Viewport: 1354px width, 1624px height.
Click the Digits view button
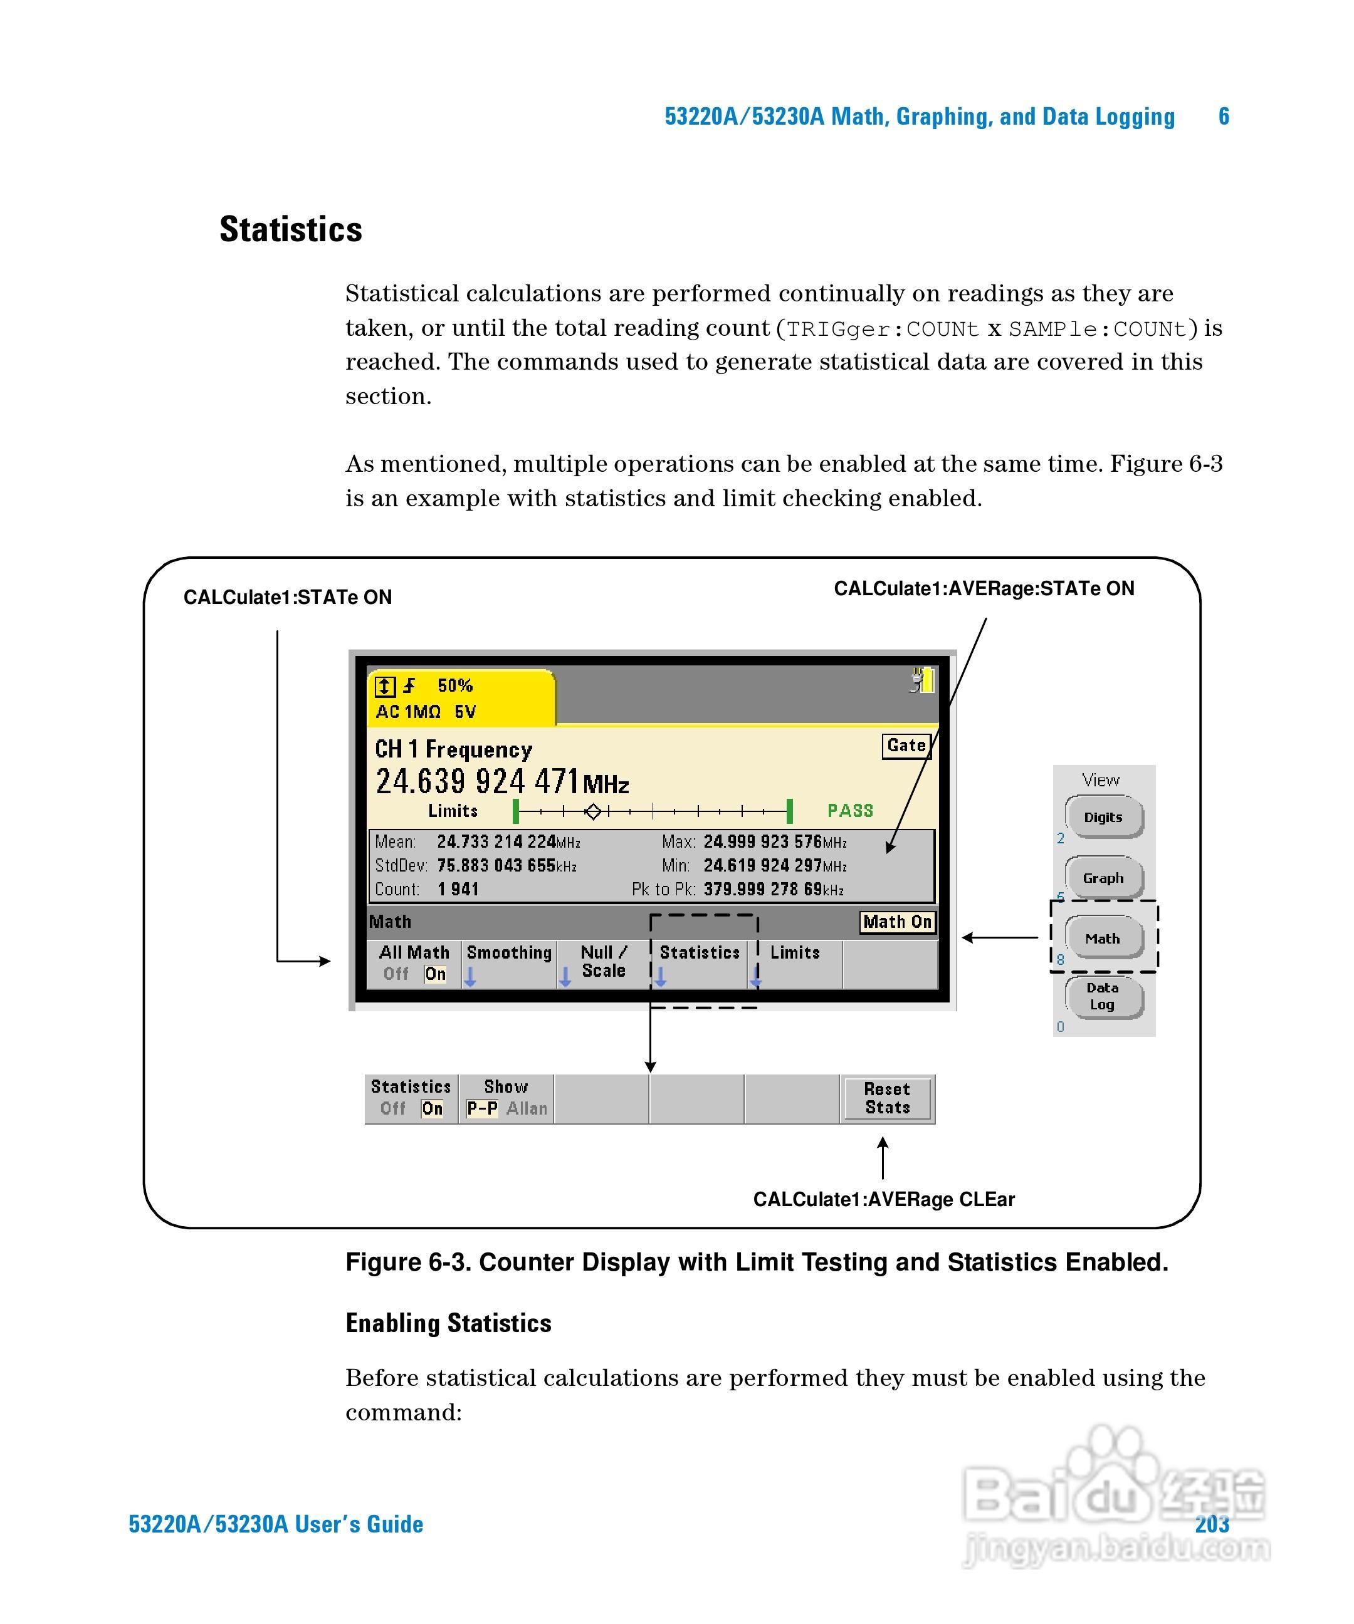pyautogui.click(x=1103, y=818)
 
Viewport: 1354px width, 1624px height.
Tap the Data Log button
pyautogui.click(x=1103, y=996)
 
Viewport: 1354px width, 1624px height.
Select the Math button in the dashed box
pyautogui.click(x=1103, y=938)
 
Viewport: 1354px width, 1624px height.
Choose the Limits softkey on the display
pyautogui.click(x=795, y=954)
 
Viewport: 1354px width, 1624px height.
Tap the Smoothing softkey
pyautogui.click(x=508, y=954)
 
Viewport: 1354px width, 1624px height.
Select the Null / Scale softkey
pyautogui.click(x=604, y=961)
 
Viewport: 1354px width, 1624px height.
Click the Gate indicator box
pyautogui.click(x=906, y=746)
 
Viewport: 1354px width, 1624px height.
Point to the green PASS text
pyautogui.click(x=849, y=811)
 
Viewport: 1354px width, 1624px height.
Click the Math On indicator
pyautogui.click(x=897, y=922)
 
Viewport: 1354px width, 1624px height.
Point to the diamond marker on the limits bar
pyautogui.click(x=592, y=811)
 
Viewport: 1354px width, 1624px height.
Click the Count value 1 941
pyautogui.click(x=458, y=889)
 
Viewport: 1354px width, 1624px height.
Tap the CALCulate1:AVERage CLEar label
pyautogui.click(x=884, y=1199)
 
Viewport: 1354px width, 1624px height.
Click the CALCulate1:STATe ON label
pyautogui.click(x=287, y=597)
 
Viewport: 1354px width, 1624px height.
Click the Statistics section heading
pyautogui.click(x=290, y=230)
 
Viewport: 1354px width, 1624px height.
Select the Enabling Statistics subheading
pyautogui.click(x=448, y=1323)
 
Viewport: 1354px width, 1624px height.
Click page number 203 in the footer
pyautogui.click(x=1212, y=1524)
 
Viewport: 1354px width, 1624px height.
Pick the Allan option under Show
pyautogui.click(x=527, y=1108)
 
